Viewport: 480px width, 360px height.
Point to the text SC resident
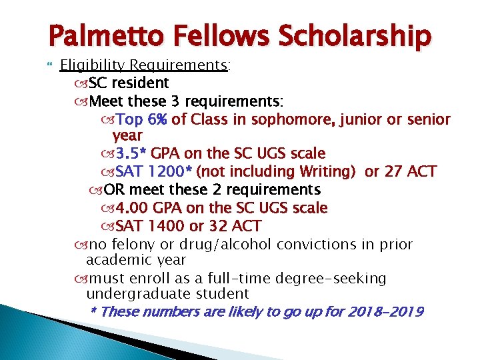pyautogui.click(x=129, y=83)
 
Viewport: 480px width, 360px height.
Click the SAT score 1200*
pyautogui.click(x=169, y=173)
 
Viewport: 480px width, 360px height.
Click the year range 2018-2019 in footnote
pyautogui.click(x=385, y=312)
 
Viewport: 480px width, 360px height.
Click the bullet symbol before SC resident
pyautogui.click(x=83, y=84)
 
